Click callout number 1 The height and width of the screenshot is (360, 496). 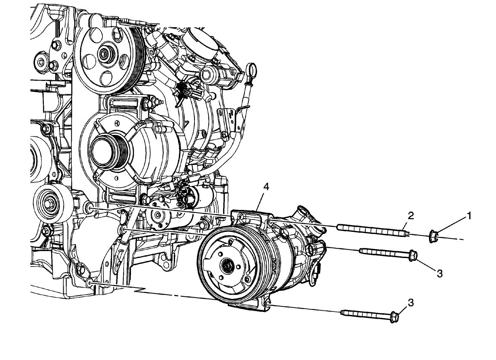tap(469, 216)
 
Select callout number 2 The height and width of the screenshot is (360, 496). tap(411, 216)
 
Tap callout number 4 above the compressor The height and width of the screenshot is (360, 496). tap(267, 187)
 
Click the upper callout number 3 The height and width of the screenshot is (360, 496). tap(439, 274)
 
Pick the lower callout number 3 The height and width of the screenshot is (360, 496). tap(411, 303)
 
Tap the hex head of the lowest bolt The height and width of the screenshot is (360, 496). tap(394, 317)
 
